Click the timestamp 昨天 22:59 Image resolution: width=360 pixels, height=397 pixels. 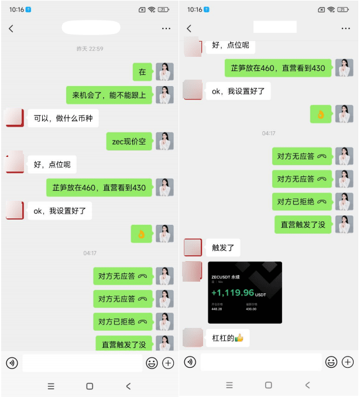click(x=90, y=49)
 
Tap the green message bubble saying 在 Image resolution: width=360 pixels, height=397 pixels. click(x=142, y=72)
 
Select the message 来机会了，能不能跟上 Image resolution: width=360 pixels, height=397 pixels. click(x=109, y=95)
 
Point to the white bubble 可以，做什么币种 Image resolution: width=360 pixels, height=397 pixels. click(x=63, y=118)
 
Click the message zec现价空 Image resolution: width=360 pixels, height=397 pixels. click(x=129, y=141)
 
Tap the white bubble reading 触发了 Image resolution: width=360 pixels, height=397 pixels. click(x=223, y=248)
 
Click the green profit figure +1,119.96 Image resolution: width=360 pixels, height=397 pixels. click(x=233, y=293)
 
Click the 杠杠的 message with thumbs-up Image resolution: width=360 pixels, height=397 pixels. click(x=228, y=338)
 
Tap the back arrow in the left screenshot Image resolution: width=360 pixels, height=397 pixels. click(x=11, y=28)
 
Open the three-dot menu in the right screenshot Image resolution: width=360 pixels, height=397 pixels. click(x=345, y=28)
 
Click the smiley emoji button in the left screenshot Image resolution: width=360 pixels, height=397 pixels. click(x=152, y=363)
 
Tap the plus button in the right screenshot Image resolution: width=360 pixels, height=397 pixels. click(x=348, y=362)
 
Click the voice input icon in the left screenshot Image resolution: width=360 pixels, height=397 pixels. click(x=12, y=363)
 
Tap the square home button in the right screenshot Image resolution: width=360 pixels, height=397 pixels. click(x=268, y=385)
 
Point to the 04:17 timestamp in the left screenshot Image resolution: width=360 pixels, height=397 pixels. click(x=90, y=253)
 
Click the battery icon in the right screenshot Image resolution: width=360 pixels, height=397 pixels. click(x=343, y=9)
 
